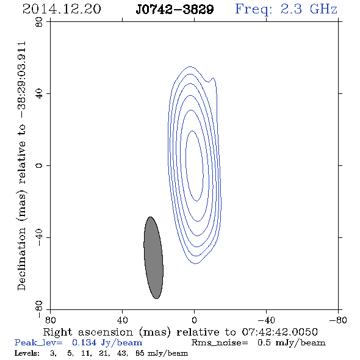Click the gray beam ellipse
[x=153, y=257]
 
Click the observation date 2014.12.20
[x=62, y=9]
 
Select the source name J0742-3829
[x=175, y=9]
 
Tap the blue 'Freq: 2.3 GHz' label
[x=286, y=9]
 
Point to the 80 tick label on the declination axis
[x=39, y=22]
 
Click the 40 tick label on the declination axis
[x=39, y=94]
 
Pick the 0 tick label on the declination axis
[x=39, y=165]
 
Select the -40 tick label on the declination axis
[x=39, y=237]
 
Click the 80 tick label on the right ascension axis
[x=50, y=320]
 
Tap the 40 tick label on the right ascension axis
[x=122, y=320]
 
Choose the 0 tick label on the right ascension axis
[x=194, y=320]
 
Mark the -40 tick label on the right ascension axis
[x=266, y=320]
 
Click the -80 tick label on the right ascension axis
[x=338, y=320]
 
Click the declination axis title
[x=21, y=166]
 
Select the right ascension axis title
[x=180, y=332]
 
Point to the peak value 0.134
[x=84, y=342]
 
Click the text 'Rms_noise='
[x=220, y=343]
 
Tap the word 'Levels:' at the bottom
[x=27, y=353]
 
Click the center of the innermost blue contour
[x=194, y=166]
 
